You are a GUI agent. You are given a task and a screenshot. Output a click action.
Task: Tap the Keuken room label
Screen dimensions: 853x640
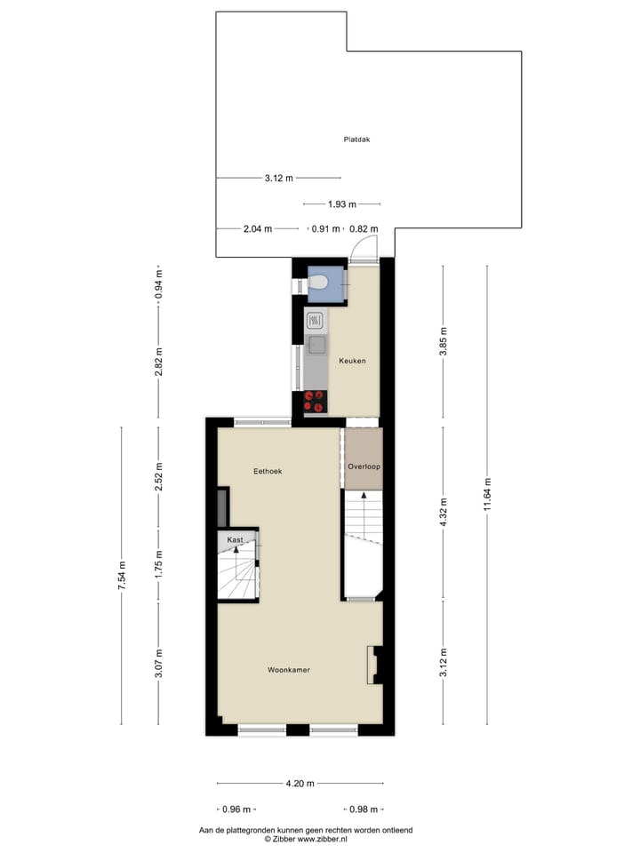[x=352, y=361]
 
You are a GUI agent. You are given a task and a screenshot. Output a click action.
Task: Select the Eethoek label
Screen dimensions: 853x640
[x=268, y=471]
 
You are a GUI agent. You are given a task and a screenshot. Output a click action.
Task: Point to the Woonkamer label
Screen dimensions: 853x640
[x=289, y=669]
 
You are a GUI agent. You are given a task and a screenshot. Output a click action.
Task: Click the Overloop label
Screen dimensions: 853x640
[x=364, y=466]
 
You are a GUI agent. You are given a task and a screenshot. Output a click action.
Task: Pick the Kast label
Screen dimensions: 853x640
[x=235, y=539]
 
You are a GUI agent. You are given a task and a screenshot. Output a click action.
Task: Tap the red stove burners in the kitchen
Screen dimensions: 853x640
[x=314, y=402]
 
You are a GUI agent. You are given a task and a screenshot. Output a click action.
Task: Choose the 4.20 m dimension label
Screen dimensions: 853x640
[x=300, y=784]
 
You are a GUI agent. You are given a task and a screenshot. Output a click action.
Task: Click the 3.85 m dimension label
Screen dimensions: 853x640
[x=444, y=340]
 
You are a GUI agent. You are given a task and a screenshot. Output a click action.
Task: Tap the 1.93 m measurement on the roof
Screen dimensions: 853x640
[x=341, y=203]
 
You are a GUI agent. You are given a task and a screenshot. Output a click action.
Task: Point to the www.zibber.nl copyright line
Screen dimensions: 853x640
[x=305, y=839]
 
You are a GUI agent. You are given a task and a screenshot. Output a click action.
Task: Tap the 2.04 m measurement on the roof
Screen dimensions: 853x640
[x=258, y=228]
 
